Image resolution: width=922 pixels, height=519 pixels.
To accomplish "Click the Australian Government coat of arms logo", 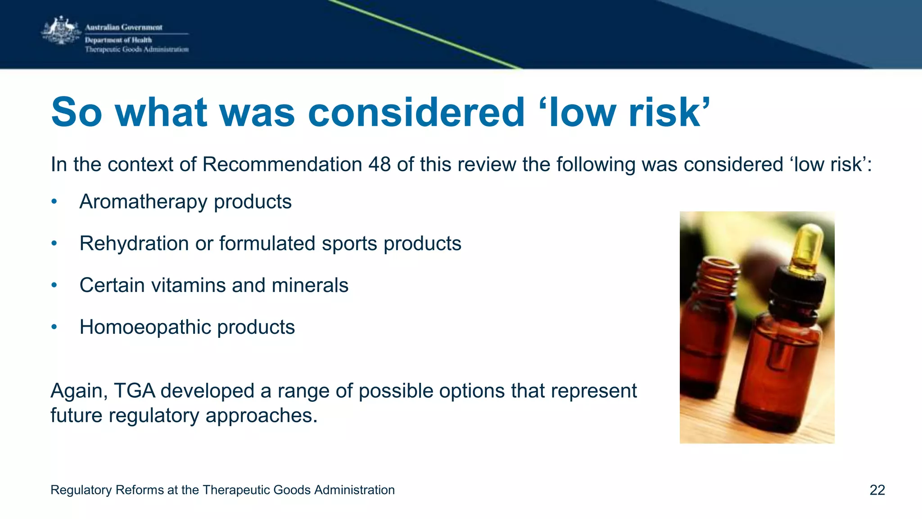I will [61, 31].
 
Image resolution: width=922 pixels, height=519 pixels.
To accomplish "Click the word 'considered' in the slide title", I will [416, 112].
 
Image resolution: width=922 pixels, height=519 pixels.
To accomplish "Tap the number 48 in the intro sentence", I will [379, 164].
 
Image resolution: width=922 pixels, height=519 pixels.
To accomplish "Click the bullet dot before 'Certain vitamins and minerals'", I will [54, 285].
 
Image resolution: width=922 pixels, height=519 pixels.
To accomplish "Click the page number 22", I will [877, 490].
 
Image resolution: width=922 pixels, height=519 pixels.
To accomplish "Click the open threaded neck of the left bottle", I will [718, 275].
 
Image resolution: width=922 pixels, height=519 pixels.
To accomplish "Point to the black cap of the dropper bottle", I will [799, 288].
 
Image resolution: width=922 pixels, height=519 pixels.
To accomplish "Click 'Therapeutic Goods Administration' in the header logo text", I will [137, 50].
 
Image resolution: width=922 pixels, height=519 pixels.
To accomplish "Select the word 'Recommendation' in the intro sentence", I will [282, 164].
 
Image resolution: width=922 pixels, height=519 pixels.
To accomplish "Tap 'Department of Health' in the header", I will [118, 40].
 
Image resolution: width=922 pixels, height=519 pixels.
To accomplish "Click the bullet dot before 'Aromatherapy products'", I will [54, 201].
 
